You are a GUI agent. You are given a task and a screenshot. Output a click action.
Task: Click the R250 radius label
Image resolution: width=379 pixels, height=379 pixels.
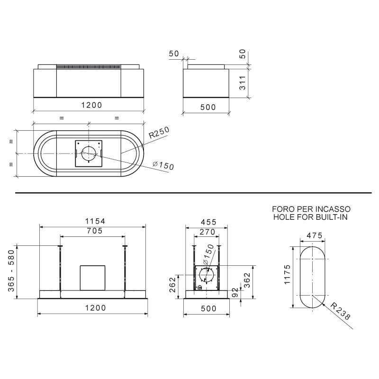coord(159,133)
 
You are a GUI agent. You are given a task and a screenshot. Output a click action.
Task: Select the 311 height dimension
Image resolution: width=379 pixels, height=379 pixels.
coord(243,82)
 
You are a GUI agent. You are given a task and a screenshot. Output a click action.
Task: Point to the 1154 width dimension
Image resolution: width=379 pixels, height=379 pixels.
coord(95,221)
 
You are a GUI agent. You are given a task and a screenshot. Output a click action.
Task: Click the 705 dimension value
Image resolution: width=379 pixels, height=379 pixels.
coord(95,231)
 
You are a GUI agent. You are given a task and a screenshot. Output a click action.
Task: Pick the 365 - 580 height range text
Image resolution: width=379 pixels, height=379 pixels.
coord(11,271)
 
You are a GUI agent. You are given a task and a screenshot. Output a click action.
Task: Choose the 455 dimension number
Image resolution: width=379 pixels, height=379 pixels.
coord(208,222)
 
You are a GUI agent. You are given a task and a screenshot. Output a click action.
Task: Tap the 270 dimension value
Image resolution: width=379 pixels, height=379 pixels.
coord(208,232)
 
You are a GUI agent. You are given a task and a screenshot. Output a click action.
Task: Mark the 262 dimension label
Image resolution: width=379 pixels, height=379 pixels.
coord(172,285)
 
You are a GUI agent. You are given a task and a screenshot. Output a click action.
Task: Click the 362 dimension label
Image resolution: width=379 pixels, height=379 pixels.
coord(247,280)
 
